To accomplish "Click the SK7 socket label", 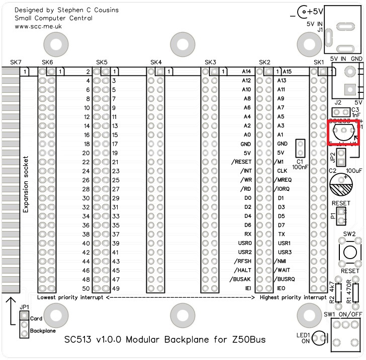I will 16,62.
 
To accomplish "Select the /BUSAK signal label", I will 240,279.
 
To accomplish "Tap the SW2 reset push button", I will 350,251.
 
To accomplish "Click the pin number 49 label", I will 116,288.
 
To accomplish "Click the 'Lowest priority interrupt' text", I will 70,298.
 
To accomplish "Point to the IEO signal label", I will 282,288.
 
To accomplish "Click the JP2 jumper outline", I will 340,159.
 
